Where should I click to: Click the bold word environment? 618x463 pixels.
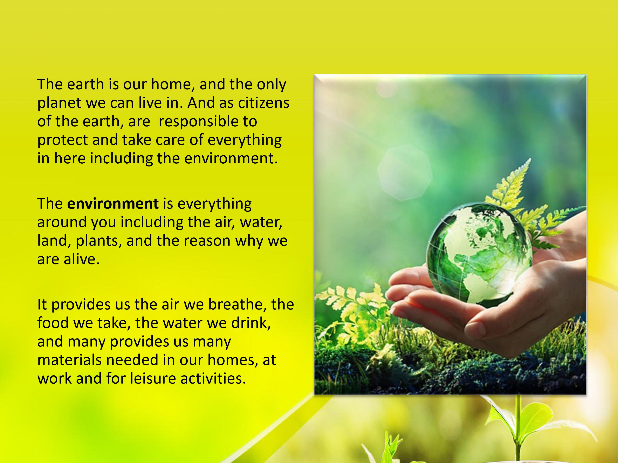[x=113, y=204]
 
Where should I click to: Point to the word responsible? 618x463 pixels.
[x=208, y=122]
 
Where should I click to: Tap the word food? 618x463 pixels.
[x=53, y=323]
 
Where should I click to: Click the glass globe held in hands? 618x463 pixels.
[x=479, y=253]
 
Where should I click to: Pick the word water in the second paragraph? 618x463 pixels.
[x=261, y=222]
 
